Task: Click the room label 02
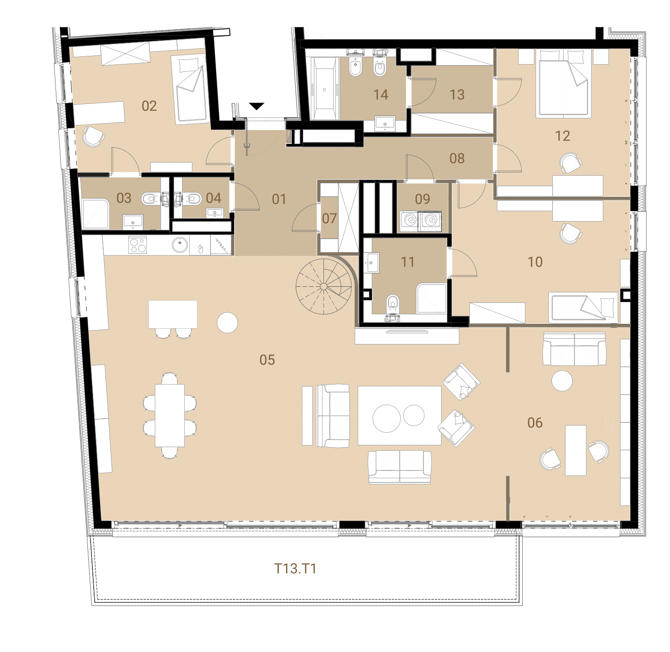click(x=149, y=106)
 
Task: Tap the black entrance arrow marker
click(x=256, y=106)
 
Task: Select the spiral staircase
click(x=324, y=286)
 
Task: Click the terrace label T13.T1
click(x=295, y=568)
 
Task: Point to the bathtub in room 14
click(x=324, y=88)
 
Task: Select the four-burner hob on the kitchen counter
click(x=137, y=245)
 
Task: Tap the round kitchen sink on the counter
click(x=180, y=244)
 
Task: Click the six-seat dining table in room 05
click(x=169, y=416)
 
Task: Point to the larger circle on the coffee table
click(x=386, y=418)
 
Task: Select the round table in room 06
click(x=562, y=380)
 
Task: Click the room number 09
click(x=423, y=199)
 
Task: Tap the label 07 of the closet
click(x=329, y=218)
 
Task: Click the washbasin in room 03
click(x=132, y=222)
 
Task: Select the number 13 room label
click(x=457, y=95)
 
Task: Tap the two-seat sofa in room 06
click(x=574, y=349)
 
